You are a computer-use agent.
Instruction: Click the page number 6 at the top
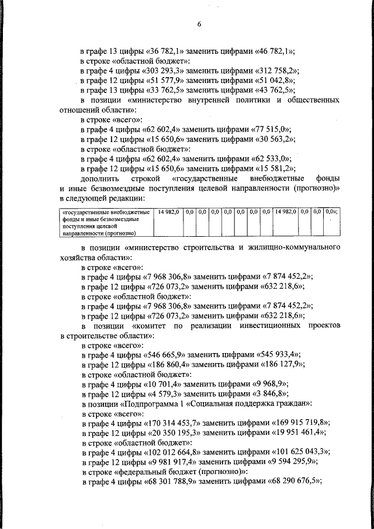(199, 24)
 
